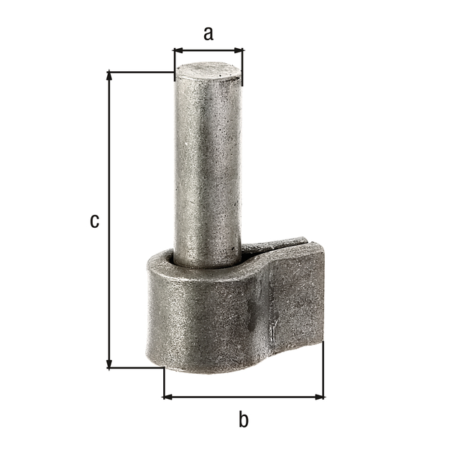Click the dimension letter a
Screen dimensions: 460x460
coord(208,34)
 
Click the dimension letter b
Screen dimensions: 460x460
coord(244,419)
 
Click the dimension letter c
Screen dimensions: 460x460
coord(94,221)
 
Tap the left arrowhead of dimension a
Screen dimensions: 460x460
coord(179,50)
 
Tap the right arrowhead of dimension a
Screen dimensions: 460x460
coord(238,50)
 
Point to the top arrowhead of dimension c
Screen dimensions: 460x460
coord(109,76)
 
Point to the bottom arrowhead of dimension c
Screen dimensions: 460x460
coord(109,363)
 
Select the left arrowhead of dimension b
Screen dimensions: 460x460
coord(168,397)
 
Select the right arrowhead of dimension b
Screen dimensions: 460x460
coord(319,397)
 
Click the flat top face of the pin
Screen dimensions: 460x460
coord(208,71)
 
